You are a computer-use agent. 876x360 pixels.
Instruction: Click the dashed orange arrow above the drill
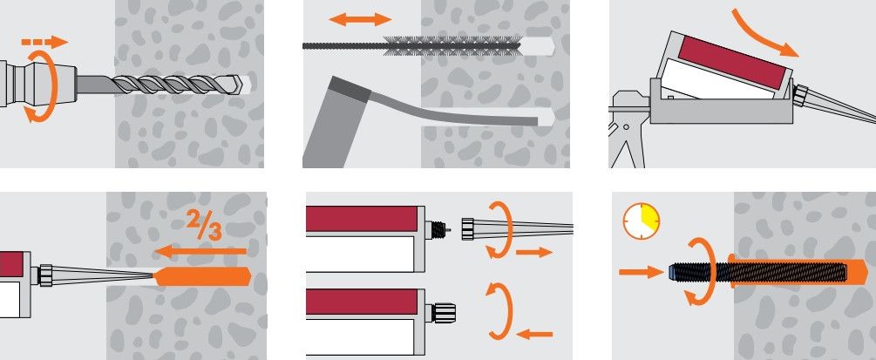coord(44,42)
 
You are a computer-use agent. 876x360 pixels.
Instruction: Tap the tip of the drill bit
coord(242,85)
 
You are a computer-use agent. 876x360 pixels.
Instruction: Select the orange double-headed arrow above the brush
coord(360,19)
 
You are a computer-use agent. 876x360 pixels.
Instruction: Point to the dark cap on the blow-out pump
coord(350,90)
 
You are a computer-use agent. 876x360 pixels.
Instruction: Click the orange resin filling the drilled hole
coord(202,276)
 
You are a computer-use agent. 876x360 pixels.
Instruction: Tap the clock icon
coord(642,221)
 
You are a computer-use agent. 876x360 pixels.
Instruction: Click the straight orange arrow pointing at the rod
coord(641,272)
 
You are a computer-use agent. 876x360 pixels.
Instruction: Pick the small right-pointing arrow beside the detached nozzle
coord(534,253)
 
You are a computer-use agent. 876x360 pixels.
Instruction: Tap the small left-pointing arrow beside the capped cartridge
coord(534,335)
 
